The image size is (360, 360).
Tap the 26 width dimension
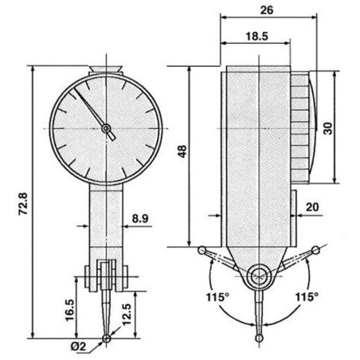coord(267,10)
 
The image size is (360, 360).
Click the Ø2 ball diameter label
coord(80,346)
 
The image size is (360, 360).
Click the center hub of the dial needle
coord(108,128)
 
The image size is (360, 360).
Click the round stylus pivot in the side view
coord(258,276)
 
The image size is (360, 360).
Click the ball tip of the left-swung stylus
coord(200,252)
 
